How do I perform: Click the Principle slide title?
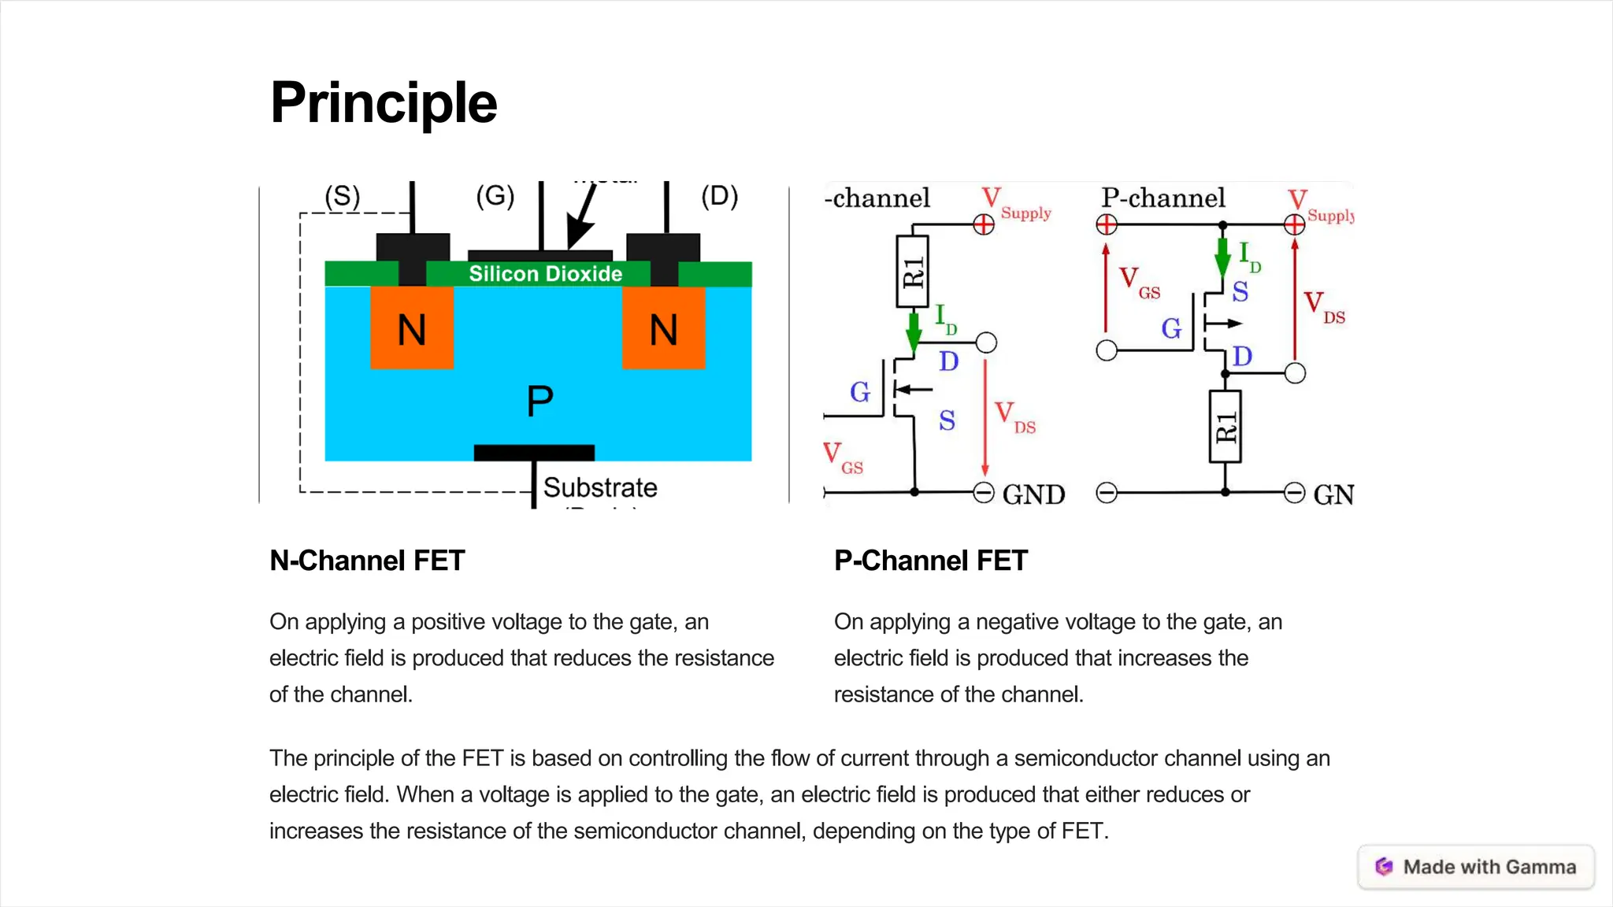[x=384, y=103]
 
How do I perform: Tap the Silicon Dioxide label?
[x=545, y=274]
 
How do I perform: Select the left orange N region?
[x=412, y=328]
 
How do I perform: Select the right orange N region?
[x=663, y=328]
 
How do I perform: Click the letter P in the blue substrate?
[x=540, y=401]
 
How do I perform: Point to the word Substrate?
[x=600, y=487]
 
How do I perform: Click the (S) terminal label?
[x=343, y=196]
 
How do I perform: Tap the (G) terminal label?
[x=495, y=195]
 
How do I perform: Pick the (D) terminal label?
[x=719, y=195]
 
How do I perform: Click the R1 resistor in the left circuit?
[x=913, y=272]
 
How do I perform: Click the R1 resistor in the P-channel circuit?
[x=1225, y=426]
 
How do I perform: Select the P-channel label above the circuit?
[x=1162, y=198]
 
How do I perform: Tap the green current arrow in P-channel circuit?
[x=1222, y=257]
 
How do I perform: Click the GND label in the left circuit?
[x=1033, y=494]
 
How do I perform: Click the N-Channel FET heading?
[x=367, y=561]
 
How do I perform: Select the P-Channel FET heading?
[x=931, y=561]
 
